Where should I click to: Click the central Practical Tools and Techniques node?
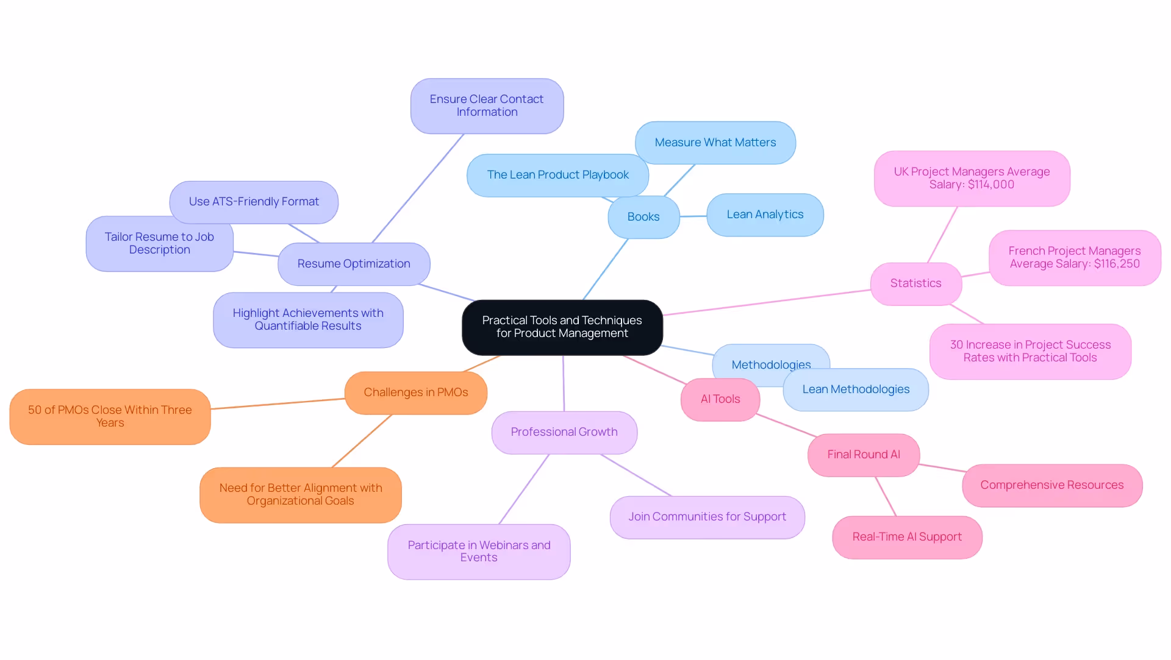[x=562, y=327]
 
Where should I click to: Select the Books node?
[x=643, y=217]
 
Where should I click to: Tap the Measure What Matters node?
[x=715, y=143]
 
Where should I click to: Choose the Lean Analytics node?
[x=765, y=215]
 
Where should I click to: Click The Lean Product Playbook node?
[x=557, y=175]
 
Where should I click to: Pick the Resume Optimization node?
[x=354, y=264]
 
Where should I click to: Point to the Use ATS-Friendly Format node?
[x=254, y=202]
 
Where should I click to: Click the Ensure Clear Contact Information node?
[x=487, y=105]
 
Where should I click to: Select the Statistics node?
[x=915, y=283]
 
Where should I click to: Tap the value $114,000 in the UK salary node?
[x=990, y=185]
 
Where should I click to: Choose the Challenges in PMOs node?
[x=416, y=392]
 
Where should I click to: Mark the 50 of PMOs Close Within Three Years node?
[x=110, y=416]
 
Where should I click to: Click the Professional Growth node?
[x=564, y=432]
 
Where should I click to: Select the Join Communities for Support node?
[x=707, y=517]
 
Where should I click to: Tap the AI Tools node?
[x=720, y=399]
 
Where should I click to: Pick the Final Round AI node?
[x=863, y=455]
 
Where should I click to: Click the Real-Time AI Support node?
[x=907, y=537]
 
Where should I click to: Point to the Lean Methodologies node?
[x=856, y=389]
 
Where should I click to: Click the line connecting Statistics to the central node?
[x=767, y=302]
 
